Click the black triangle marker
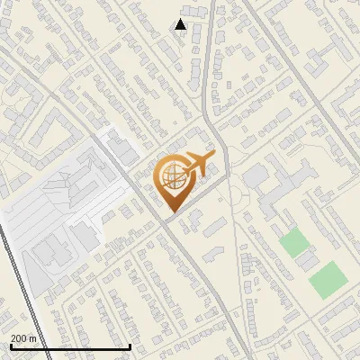pos(181,24)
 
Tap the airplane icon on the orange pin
pos(196,165)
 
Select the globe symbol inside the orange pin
pos(171,178)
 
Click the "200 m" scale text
pos(23,338)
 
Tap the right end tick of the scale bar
pos(131,345)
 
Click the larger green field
pos(327,280)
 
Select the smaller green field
pos(292,241)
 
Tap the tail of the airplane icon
pos(183,168)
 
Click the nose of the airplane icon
pos(213,157)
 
